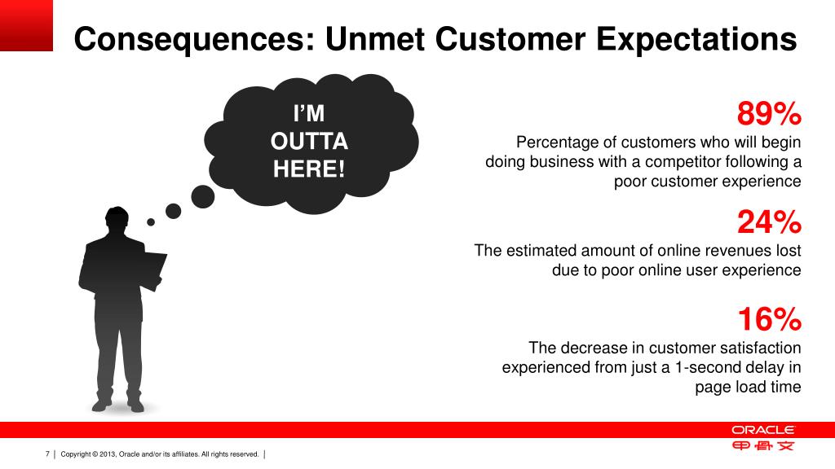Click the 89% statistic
click(769, 113)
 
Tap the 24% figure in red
click(769, 221)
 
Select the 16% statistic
click(770, 319)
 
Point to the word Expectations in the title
click(696, 39)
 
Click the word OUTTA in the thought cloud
click(309, 142)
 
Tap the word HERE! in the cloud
click(309, 169)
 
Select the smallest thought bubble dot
click(151, 222)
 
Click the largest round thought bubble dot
click(203, 197)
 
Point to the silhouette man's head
click(117, 220)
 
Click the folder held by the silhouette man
click(151, 270)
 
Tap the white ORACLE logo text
click(762, 430)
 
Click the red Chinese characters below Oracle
click(762, 445)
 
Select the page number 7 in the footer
click(47, 454)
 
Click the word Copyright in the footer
click(76, 454)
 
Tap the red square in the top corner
click(26, 25)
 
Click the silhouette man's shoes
click(117, 405)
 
